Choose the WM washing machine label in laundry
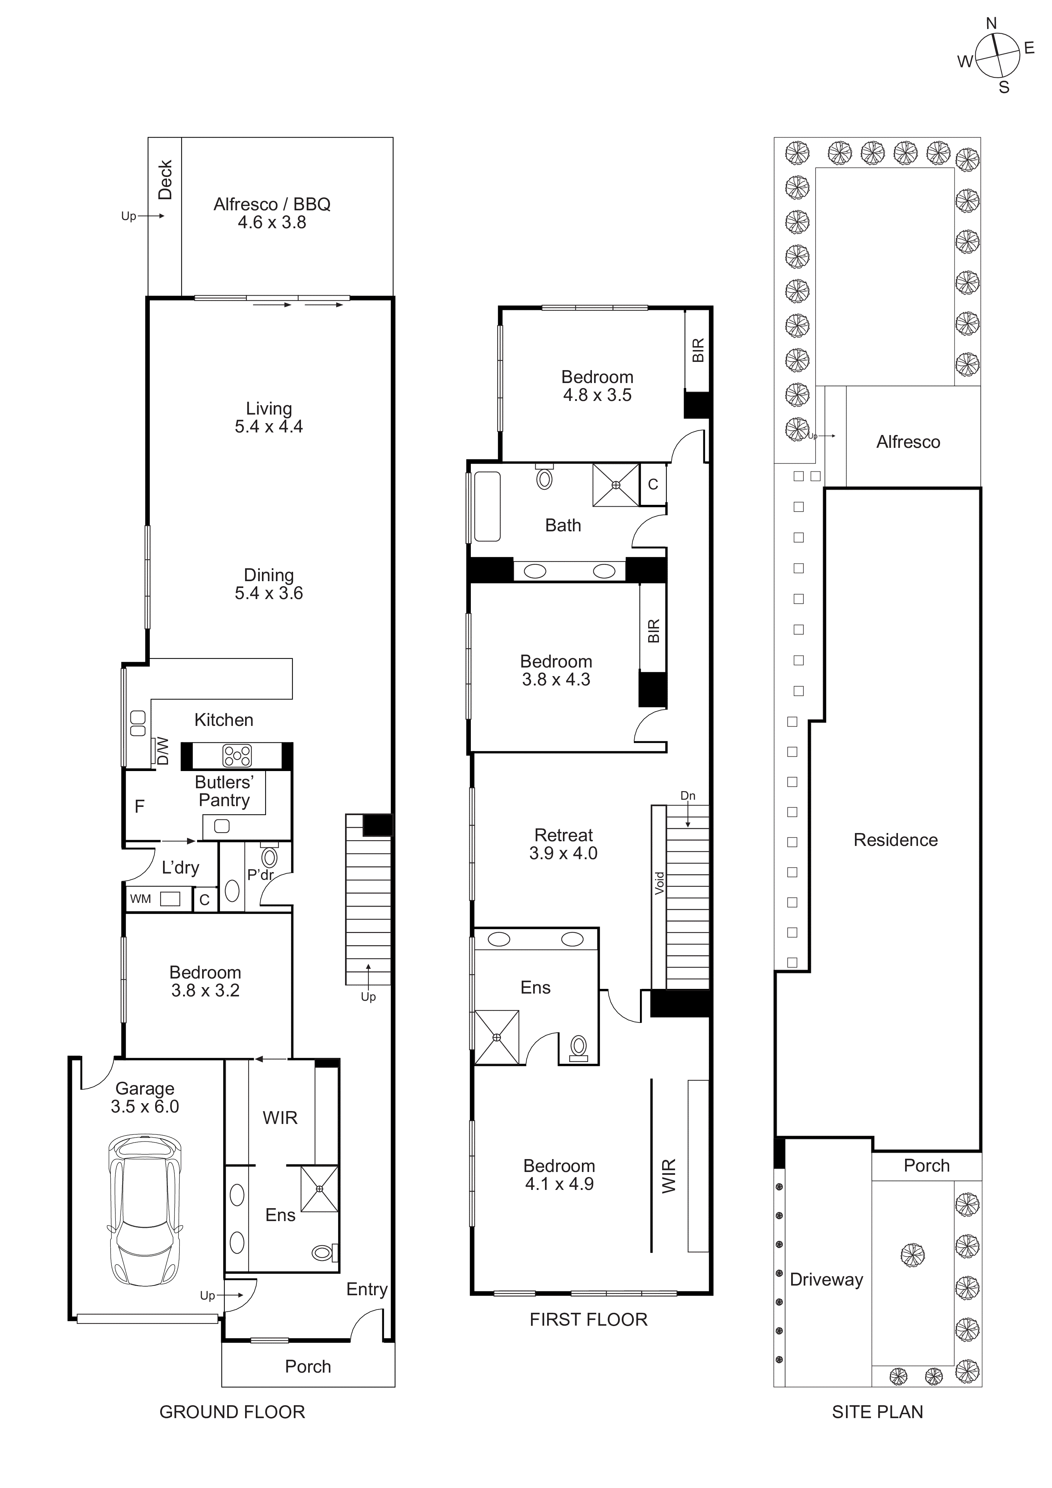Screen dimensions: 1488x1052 [141, 899]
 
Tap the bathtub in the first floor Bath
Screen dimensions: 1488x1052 [487, 506]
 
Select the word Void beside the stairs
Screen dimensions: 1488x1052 [659, 883]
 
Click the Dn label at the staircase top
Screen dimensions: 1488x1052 [688, 796]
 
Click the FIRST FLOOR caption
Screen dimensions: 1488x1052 [588, 1320]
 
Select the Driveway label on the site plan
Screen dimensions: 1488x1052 [826, 1279]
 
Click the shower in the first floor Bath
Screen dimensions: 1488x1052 [615, 485]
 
